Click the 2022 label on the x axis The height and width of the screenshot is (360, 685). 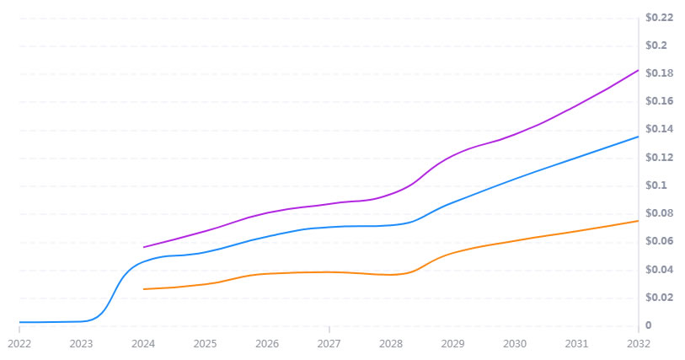19,344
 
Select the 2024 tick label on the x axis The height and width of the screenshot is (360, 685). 143,344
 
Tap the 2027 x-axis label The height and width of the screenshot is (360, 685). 329,344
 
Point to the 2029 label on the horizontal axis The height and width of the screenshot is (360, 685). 453,344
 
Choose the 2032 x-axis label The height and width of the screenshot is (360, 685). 638,344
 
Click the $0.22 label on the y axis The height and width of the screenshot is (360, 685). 659,18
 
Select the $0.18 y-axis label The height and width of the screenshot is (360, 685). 659,73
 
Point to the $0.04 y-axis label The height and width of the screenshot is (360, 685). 659,270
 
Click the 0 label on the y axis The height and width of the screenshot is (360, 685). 649,325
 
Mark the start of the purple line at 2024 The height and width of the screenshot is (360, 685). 144,247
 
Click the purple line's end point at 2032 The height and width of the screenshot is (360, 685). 638,70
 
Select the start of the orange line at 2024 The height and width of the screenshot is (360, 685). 144,289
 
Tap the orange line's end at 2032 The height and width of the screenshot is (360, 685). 638,221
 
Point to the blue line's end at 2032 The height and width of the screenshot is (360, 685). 638,137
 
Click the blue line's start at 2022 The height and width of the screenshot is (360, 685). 19,322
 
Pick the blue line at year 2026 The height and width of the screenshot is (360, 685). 267,236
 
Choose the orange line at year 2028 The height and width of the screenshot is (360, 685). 391,275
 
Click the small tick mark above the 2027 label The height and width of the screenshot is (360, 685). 329,330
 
